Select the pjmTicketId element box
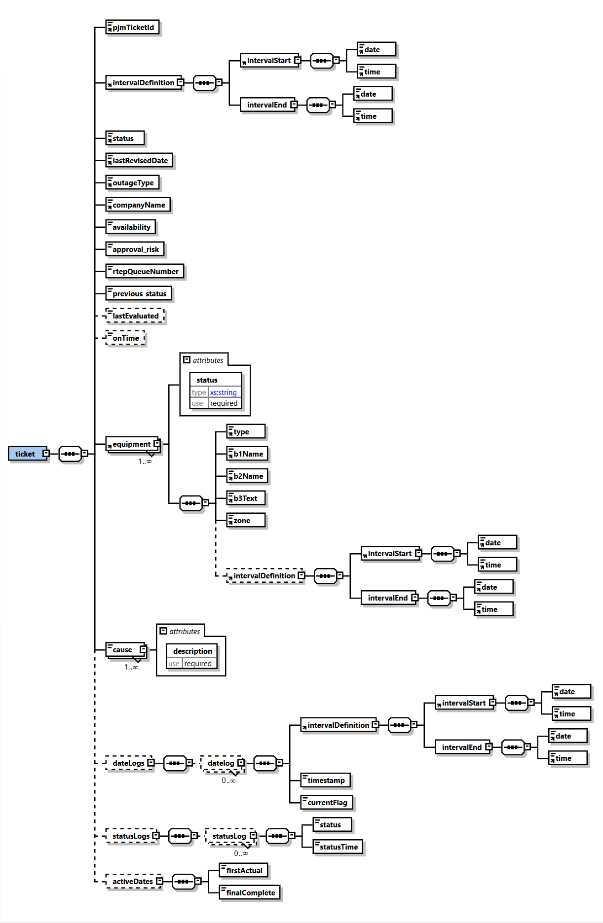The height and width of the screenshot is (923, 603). click(132, 28)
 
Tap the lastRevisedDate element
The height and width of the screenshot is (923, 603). click(139, 161)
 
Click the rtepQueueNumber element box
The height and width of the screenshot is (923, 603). click(145, 272)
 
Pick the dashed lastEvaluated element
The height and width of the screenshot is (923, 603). click(135, 316)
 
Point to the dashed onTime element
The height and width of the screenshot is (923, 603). click(125, 338)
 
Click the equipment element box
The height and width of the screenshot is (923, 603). click(131, 444)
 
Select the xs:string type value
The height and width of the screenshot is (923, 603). click(224, 392)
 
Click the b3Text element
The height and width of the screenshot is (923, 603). click(245, 498)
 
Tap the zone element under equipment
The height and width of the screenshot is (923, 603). click(245, 521)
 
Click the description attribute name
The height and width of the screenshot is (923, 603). click(192, 651)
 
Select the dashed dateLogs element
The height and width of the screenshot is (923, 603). click(128, 763)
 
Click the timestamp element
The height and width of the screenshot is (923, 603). click(326, 781)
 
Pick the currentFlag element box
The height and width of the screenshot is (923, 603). click(327, 803)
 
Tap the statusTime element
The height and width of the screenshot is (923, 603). click(338, 847)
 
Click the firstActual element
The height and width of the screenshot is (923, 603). click(244, 871)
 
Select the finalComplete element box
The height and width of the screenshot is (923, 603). click(250, 893)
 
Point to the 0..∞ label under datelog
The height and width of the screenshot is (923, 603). click(228, 781)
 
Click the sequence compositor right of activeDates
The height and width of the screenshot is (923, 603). click(183, 882)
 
